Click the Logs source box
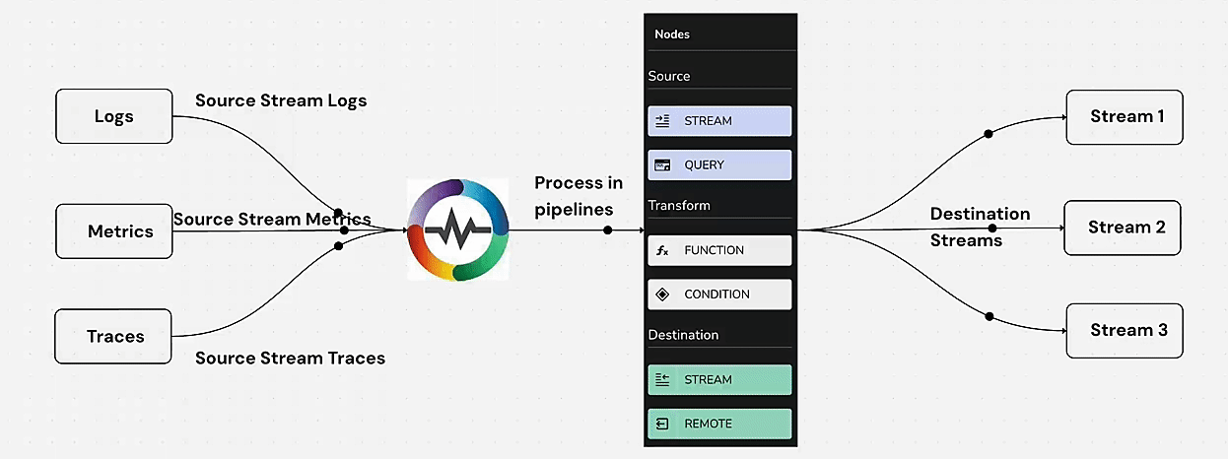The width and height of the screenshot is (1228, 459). click(113, 116)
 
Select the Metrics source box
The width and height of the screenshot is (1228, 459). click(113, 231)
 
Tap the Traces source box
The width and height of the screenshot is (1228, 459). click(113, 336)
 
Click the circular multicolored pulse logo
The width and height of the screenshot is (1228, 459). click(456, 229)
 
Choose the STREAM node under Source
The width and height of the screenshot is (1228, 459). click(719, 121)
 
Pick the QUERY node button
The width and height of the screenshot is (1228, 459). click(719, 164)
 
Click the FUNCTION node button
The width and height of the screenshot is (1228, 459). click(719, 250)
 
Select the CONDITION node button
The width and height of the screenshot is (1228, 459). click(719, 294)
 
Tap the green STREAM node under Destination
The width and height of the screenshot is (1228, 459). click(719, 379)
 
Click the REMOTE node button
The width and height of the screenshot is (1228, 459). click(719, 424)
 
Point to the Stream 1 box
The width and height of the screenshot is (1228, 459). click(1125, 117)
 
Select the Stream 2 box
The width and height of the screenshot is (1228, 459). click(1124, 228)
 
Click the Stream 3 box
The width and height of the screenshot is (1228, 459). click(1125, 330)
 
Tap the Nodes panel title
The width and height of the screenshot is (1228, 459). click(672, 34)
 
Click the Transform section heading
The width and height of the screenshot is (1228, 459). click(679, 206)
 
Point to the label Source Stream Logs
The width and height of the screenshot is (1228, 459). click(281, 100)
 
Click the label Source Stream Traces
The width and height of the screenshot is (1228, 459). click(290, 358)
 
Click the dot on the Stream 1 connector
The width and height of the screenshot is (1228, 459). click(989, 132)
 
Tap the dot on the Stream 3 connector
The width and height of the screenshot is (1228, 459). click(989, 315)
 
